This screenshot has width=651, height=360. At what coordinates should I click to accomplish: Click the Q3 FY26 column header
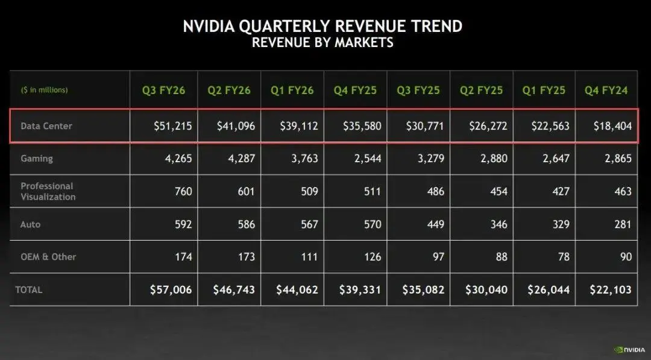point(163,90)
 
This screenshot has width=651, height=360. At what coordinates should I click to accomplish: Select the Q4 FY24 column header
point(606,90)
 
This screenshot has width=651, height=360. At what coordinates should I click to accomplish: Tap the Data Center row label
point(46,126)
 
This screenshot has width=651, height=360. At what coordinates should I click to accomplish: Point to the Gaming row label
point(37,159)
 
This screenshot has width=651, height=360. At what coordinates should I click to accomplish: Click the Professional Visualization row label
point(48,191)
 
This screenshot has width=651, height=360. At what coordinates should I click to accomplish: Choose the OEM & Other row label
point(48,256)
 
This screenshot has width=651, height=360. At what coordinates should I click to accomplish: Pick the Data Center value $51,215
point(172,126)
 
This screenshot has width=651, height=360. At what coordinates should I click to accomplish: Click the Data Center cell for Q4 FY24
point(612,126)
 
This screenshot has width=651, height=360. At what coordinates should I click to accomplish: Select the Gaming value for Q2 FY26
point(242,159)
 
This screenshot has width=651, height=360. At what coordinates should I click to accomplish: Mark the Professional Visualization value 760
point(182,191)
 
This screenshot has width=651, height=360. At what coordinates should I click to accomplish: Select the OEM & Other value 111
point(308,257)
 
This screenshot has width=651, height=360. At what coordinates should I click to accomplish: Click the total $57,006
point(171,289)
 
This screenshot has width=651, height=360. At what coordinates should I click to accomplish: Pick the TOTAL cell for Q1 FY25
point(549,289)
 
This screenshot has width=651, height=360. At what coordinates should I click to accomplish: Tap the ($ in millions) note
point(44,90)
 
